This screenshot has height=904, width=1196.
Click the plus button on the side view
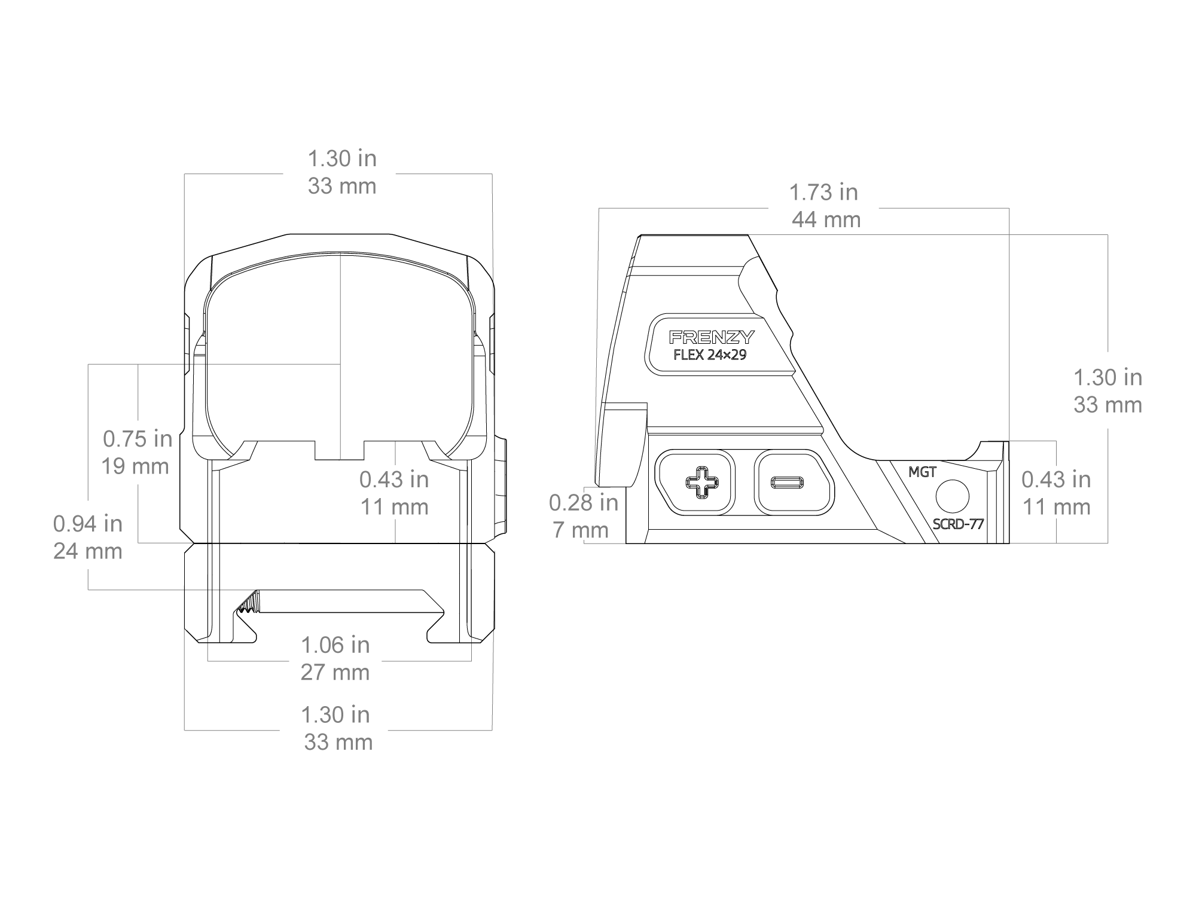(x=698, y=482)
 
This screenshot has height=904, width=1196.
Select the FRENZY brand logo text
(x=711, y=337)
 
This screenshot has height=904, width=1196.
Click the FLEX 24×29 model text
(x=710, y=355)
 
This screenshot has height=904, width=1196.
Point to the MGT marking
(x=922, y=472)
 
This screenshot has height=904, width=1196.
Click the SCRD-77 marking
(x=958, y=524)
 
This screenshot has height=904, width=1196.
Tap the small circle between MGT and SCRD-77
(x=952, y=496)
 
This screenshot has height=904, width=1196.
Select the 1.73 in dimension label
(x=823, y=193)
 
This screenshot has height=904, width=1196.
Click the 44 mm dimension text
(x=826, y=220)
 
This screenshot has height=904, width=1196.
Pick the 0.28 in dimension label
(x=584, y=503)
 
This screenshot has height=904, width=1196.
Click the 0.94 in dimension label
(x=87, y=524)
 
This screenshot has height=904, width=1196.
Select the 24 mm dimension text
(x=87, y=551)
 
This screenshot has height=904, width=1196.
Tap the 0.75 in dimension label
(x=138, y=439)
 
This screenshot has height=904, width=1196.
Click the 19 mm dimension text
(x=135, y=466)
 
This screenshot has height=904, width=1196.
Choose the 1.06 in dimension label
(x=335, y=645)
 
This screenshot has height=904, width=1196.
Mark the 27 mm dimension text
(x=335, y=673)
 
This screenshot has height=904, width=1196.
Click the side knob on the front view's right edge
(x=501, y=485)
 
